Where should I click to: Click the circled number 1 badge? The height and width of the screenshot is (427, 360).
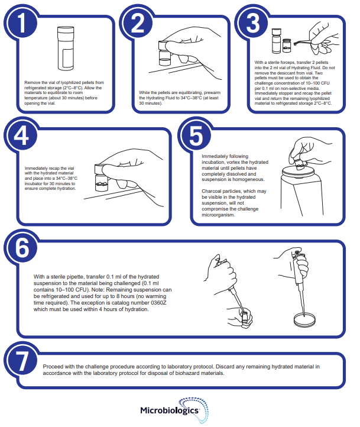pos(21,22)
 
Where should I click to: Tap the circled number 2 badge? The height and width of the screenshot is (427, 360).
pos(137,22)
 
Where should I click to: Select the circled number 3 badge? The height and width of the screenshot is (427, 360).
pos(252,22)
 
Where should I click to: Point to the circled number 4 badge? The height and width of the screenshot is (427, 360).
pos(21,135)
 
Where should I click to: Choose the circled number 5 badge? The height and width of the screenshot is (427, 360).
pos(195,135)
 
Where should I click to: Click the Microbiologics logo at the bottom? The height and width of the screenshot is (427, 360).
pos(174,410)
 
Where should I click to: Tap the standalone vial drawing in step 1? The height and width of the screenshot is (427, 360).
pos(66,48)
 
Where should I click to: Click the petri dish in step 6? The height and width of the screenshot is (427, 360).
pos(305,319)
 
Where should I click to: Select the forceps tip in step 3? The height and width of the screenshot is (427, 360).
pos(296,44)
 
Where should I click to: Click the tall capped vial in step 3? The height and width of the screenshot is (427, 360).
pos(276,41)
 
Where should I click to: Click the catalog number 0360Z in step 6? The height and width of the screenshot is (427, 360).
pos(158,303)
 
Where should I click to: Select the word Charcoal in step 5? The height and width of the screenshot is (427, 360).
pos(212,191)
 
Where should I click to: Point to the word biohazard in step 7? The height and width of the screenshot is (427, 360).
pos(186,373)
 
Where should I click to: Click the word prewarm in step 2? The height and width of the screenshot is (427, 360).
pos(212,93)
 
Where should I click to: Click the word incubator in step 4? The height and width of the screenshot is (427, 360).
pos(34,183)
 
